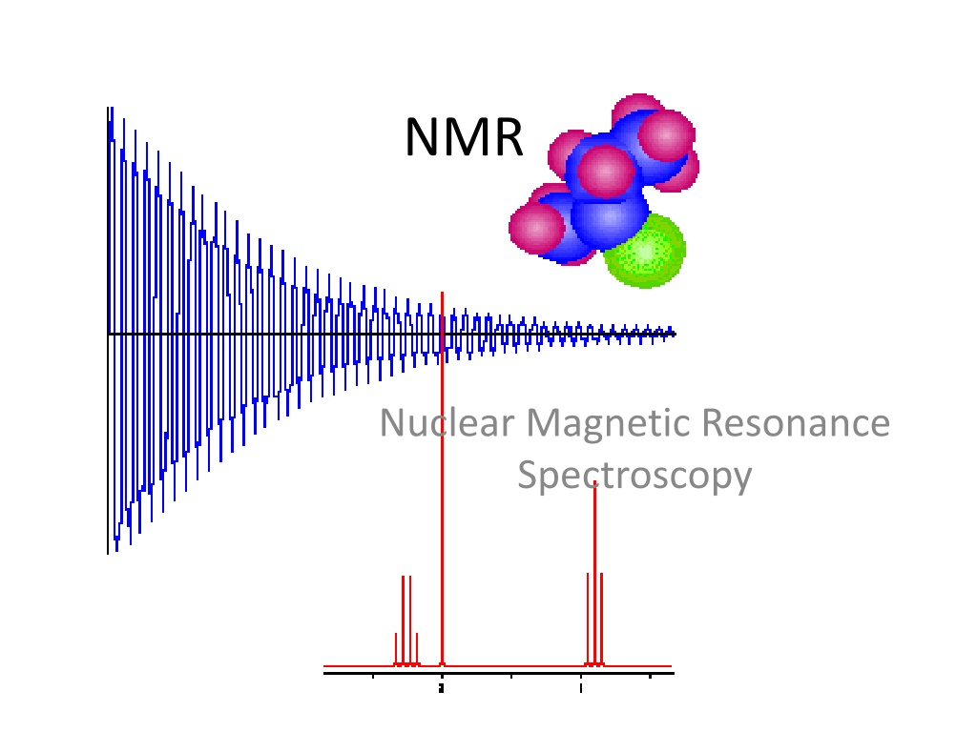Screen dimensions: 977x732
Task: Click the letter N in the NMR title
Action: pos(424,137)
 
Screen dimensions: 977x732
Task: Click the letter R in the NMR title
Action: pos(507,137)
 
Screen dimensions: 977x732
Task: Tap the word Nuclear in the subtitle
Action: pos(447,422)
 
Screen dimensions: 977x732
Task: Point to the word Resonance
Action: pos(797,422)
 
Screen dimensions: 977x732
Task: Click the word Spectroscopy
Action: pos(634,477)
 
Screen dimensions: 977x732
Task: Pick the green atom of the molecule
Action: pos(646,251)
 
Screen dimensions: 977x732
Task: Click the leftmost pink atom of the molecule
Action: pos(537,227)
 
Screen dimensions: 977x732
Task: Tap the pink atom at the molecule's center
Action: pos(606,171)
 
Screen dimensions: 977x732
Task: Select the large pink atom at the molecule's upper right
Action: pos(667,135)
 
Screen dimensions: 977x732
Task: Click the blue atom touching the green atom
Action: pos(610,219)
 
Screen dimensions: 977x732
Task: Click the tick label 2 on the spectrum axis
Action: pos(442,688)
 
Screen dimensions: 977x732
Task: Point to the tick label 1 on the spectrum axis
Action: pos(581,688)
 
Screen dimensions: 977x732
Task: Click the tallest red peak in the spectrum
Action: pos(443,478)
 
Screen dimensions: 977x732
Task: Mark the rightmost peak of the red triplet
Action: pos(602,620)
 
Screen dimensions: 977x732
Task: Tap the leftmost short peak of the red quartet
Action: pos(396,649)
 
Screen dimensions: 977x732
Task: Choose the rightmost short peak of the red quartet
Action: pos(417,649)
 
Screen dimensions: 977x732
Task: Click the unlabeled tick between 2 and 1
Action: pos(511,677)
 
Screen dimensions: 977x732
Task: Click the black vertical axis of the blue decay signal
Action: pos(108,331)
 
